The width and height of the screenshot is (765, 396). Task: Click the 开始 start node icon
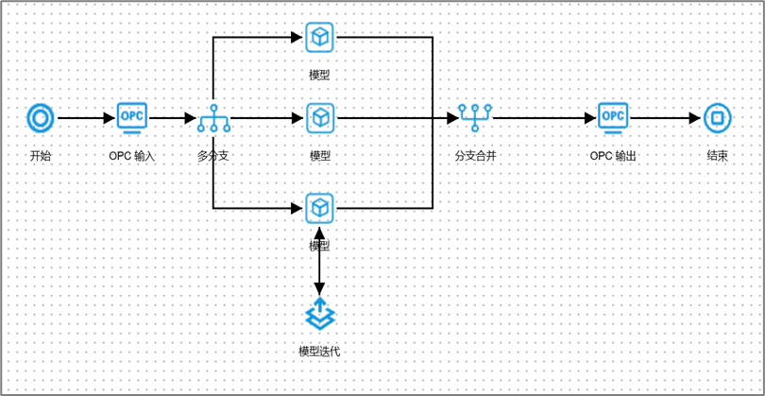coord(41,118)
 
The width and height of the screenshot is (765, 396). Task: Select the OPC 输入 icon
coord(131,117)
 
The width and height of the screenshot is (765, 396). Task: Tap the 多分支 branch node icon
coord(213,118)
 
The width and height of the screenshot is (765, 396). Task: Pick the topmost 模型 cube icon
coord(320,37)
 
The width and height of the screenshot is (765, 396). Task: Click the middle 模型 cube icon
coord(320,118)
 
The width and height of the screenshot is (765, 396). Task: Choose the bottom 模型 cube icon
coord(320,206)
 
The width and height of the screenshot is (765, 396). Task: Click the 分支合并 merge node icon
coord(474,117)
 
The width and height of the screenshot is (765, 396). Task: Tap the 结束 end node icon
coord(717,118)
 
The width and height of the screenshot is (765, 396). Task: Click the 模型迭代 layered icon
coord(319,312)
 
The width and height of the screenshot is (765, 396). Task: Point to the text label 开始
coord(41,155)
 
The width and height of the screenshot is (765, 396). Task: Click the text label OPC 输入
coord(131,155)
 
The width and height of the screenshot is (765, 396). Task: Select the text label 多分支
coord(213,155)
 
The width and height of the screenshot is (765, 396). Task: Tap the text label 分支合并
coord(475,155)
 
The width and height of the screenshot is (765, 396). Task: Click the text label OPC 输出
coord(613,155)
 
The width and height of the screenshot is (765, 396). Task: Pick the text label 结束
coord(717,155)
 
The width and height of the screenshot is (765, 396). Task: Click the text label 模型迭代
coord(319,352)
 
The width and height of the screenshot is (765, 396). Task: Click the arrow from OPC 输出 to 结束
coord(665,118)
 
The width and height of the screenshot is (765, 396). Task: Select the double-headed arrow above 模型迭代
coord(319,260)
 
